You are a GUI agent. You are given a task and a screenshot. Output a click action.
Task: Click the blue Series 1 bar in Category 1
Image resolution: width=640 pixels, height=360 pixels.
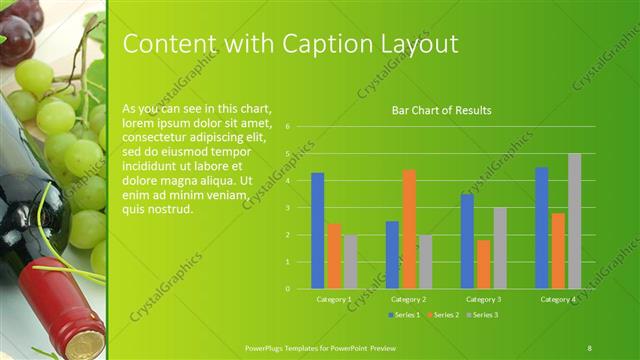[318, 231]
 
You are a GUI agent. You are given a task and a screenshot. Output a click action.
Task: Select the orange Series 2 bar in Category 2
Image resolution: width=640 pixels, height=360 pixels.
[409, 229]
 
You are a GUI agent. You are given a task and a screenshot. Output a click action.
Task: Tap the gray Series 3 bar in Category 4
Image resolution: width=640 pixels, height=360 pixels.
[574, 221]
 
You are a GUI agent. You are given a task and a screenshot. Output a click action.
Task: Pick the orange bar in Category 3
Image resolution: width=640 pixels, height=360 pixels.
[484, 264]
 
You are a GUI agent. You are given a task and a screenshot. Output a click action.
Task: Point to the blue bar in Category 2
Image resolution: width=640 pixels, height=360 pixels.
[392, 255]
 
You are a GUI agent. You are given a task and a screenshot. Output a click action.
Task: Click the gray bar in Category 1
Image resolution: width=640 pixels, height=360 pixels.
[350, 262]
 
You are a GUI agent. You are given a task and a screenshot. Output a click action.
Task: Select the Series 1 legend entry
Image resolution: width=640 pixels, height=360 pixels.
[404, 315]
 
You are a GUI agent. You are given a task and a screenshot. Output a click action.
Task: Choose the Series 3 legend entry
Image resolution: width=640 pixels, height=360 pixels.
[482, 315]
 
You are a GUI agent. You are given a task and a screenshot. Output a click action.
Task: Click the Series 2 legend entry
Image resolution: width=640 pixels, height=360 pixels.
[443, 315]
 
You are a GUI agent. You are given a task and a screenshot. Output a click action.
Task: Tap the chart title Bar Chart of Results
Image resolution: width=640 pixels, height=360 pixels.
[441, 111]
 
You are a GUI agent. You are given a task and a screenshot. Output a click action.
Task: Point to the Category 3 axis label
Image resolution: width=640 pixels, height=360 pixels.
[483, 299]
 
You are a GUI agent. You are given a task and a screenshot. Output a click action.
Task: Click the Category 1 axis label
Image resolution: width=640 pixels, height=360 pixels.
[333, 299]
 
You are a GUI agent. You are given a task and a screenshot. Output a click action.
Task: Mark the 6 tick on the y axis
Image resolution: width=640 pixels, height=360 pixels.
[287, 127]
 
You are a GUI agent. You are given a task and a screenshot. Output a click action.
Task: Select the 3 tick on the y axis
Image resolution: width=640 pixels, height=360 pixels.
[287, 208]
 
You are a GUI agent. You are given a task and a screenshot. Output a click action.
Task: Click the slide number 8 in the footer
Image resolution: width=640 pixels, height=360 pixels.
[589, 346]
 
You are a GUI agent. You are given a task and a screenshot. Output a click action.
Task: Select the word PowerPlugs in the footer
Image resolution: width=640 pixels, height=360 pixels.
[266, 346]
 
